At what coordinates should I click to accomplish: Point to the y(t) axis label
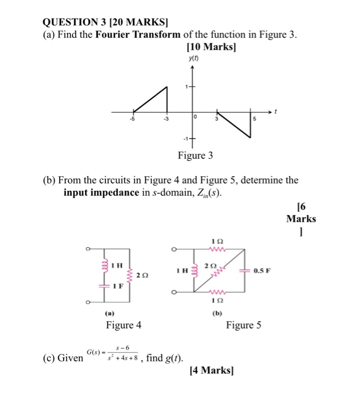(193, 59)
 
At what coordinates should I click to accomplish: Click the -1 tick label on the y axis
(184, 138)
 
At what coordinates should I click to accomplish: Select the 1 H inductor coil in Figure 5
(195, 270)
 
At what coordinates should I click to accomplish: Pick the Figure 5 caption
(243, 325)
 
